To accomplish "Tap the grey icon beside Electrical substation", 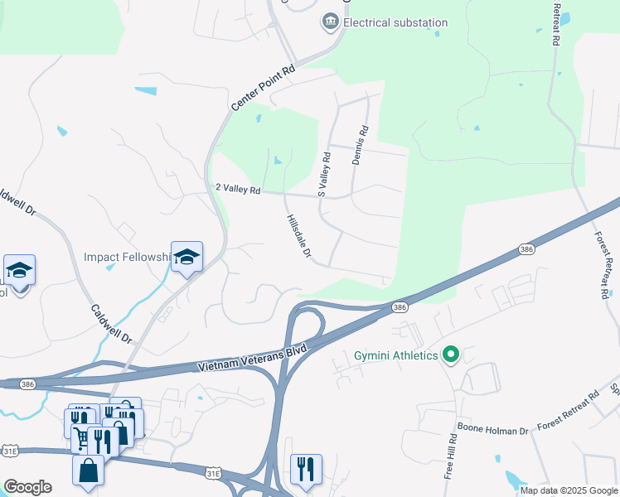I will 331,21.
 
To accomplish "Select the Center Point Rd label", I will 263,89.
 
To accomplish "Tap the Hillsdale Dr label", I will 298,237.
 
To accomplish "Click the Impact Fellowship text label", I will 126,257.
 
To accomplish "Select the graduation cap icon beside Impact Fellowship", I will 186,258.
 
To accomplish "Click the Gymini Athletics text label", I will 395,355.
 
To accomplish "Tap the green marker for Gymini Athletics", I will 451,355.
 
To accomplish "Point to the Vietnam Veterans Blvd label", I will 253,359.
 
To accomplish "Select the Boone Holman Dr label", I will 493,431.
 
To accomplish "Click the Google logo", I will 27,487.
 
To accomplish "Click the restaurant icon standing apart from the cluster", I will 306,469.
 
